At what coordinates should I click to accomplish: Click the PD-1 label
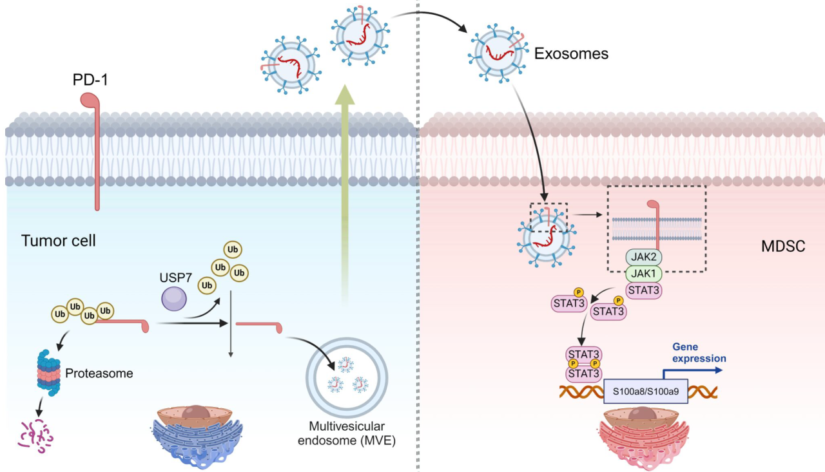coord(92,82)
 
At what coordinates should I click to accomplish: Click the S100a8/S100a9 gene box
coord(645,390)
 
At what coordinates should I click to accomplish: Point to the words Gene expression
coord(699,353)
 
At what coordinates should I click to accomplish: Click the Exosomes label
coord(571,54)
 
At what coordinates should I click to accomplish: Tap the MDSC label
coord(782,247)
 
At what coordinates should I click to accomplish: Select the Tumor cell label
coord(59,241)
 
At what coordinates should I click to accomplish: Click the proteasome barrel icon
coord(48,372)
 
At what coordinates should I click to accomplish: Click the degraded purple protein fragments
coord(35,436)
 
